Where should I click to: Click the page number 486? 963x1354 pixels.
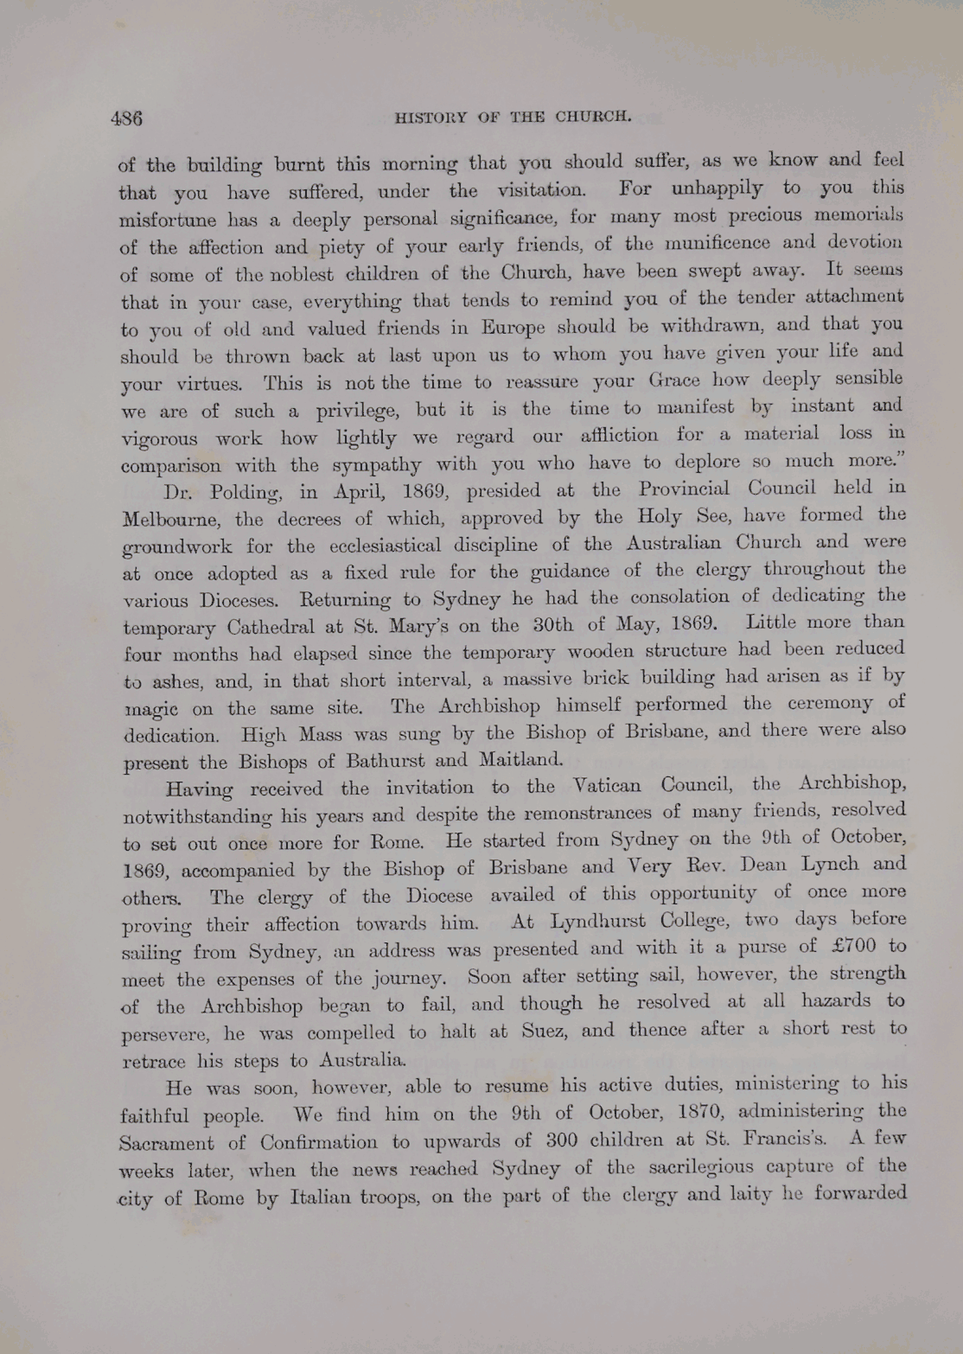click(x=126, y=118)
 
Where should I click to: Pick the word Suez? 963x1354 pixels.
click(x=544, y=1031)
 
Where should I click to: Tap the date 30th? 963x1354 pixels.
click(x=547, y=624)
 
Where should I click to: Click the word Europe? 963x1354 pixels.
click(x=513, y=328)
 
